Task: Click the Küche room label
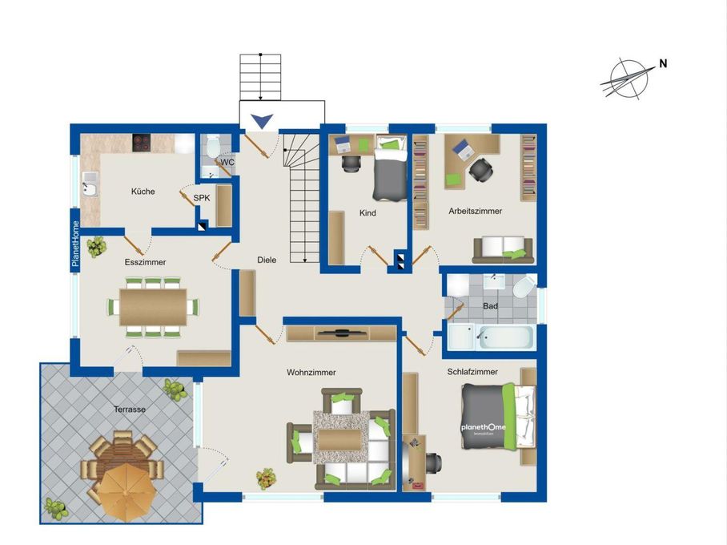pos(143,192)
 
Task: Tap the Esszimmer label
pos(145,262)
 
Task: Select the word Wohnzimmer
pos(311,373)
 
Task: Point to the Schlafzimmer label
pos(472,372)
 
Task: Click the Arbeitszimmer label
pos(476,212)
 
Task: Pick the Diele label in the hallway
pos(267,260)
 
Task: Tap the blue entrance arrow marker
pos(263,121)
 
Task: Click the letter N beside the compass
pos(663,63)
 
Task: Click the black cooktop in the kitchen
pos(143,143)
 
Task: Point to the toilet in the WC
pos(213,145)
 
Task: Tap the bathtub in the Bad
pos(505,337)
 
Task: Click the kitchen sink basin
pos(89,189)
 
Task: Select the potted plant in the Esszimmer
pos(97,247)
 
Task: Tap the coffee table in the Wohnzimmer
pos(339,440)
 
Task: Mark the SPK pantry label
pos(202,198)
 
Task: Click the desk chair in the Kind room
pos(351,163)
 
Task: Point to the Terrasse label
pos(130,410)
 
